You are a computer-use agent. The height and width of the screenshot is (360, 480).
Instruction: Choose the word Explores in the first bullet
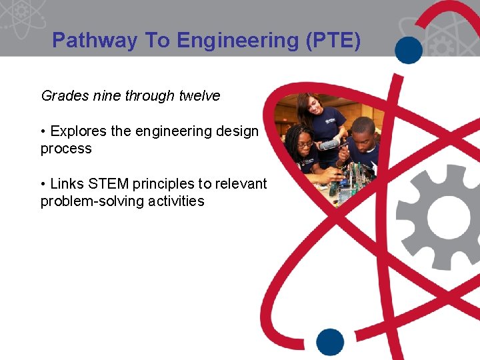click(x=79, y=131)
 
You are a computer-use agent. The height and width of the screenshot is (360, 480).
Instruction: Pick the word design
click(x=237, y=131)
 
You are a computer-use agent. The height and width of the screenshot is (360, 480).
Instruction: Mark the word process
click(x=66, y=149)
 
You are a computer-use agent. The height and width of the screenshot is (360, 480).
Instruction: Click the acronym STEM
click(x=106, y=183)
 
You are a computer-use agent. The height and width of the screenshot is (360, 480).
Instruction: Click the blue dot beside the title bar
click(x=409, y=49)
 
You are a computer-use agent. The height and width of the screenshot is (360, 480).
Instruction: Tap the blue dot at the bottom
click(x=330, y=341)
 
